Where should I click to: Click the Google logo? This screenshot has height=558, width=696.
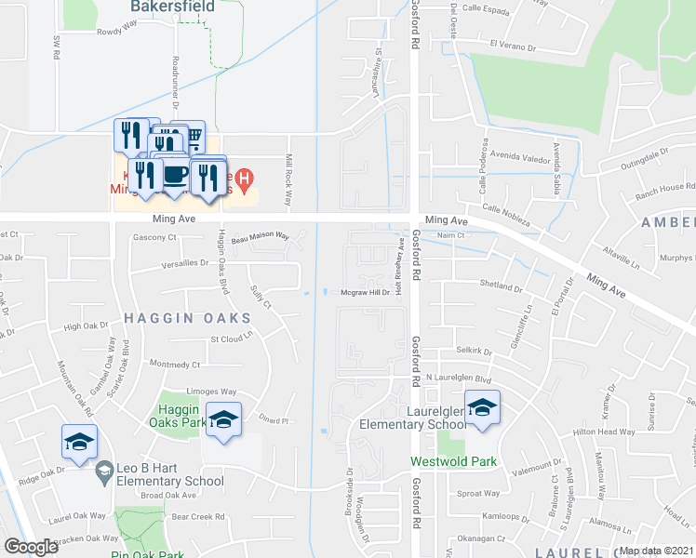point(31,547)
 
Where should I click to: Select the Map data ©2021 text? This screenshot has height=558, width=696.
point(656,551)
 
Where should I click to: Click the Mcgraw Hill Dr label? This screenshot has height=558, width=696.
point(363,293)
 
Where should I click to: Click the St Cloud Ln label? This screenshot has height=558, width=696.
point(232,339)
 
